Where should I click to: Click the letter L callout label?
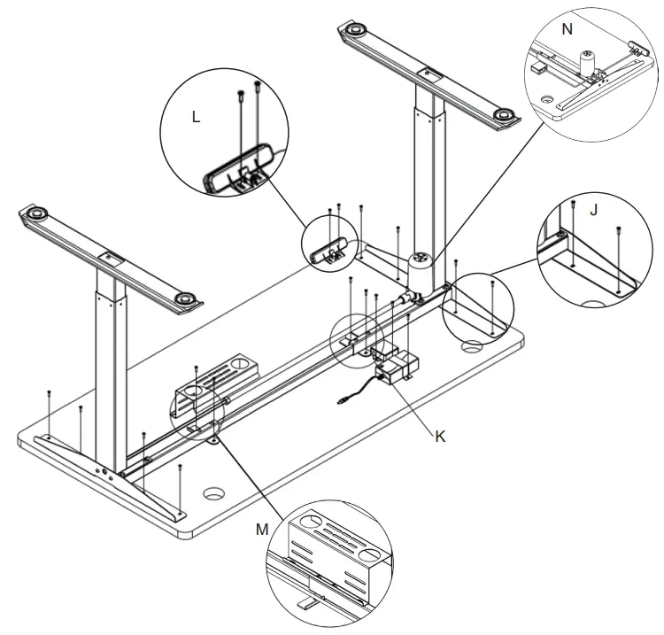(x=196, y=116)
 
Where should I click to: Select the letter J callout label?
(x=593, y=211)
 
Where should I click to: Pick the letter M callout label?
(x=261, y=529)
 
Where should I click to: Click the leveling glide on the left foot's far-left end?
(x=37, y=215)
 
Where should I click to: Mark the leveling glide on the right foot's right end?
(x=504, y=115)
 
